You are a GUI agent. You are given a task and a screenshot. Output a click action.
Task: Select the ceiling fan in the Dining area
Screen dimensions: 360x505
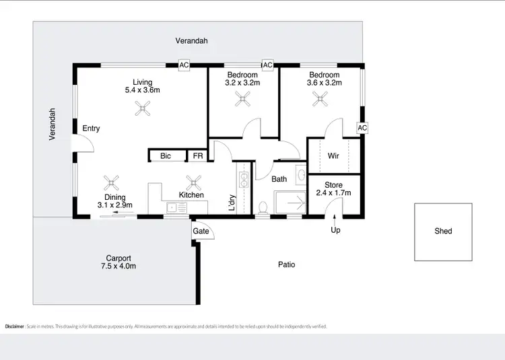coord(111,182)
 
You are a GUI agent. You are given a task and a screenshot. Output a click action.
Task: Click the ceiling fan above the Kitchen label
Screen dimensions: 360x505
coord(194,181)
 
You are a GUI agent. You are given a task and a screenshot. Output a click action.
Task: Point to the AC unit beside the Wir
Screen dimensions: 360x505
coord(362,128)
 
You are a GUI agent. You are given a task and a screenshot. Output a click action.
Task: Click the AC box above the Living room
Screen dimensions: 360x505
coord(183,65)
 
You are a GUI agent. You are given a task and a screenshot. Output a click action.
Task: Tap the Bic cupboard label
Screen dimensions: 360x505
coord(166,156)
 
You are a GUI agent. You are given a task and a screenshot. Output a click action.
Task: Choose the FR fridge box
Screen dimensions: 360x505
coord(198,156)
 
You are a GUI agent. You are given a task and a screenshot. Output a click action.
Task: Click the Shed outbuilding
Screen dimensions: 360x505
coord(443,231)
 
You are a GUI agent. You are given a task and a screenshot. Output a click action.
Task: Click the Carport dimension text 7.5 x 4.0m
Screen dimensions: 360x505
coord(119,266)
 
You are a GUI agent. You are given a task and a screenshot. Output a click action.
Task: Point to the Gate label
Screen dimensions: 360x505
coord(201,231)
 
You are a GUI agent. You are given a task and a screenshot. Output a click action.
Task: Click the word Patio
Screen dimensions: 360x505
coord(287,264)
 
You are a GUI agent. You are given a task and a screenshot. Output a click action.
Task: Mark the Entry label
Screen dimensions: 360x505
coord(91,129)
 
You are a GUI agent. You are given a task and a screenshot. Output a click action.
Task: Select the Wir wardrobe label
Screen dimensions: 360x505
coord(333,156)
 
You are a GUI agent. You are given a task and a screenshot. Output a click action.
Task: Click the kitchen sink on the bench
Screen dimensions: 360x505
coord(174,208)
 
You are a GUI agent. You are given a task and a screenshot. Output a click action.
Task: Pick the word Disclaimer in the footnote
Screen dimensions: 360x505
coord(15,326)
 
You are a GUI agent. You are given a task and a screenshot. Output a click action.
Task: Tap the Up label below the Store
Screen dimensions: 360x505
coord(335,231)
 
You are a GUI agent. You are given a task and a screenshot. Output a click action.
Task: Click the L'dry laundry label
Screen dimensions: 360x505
coord(231,201)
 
